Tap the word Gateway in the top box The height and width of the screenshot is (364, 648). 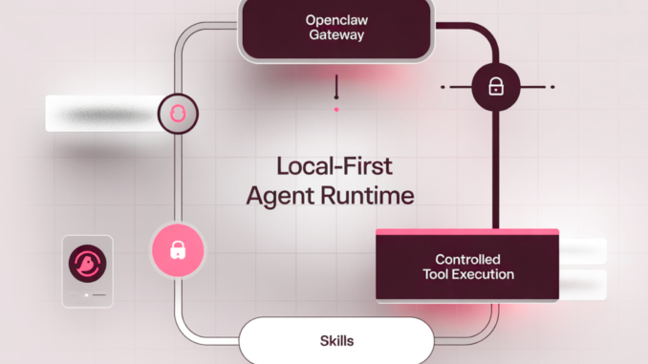click(335, 35)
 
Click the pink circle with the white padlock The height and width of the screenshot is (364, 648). click(177, 250)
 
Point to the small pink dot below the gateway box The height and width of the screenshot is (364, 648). click(336, 109)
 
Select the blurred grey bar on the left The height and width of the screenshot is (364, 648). click(100, 114)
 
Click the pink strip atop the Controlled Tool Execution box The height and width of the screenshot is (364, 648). click(466, 232)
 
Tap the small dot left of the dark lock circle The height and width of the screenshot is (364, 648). click(443, 87)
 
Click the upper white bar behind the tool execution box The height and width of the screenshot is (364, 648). click(583, 250)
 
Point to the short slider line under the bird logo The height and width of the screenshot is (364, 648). click(87, 295)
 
